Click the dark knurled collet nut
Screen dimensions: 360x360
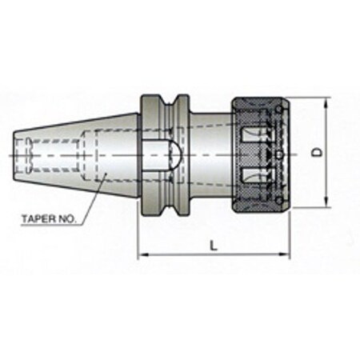(x=258, y=153)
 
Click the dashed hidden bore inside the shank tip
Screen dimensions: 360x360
(x=28, y=152)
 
